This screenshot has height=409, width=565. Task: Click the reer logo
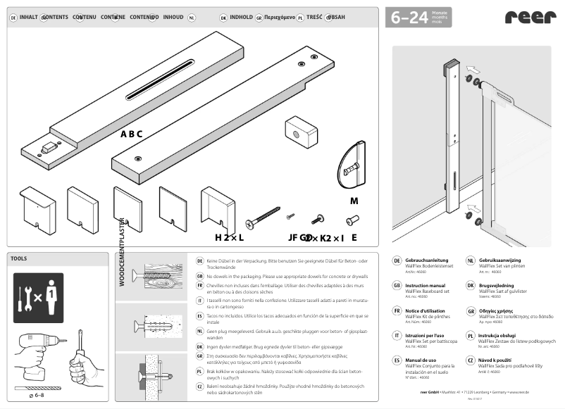point(528,18)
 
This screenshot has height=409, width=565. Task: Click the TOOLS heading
point(19,258)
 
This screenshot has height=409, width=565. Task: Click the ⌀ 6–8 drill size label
point(35,396)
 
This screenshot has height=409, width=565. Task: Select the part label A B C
point(131,134)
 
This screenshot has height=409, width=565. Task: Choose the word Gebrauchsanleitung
point(426,260)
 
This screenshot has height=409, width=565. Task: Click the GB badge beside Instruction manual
point(397,287)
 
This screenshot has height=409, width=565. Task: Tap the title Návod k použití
point(497,360)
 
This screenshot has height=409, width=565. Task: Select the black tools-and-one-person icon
point(38,298)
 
